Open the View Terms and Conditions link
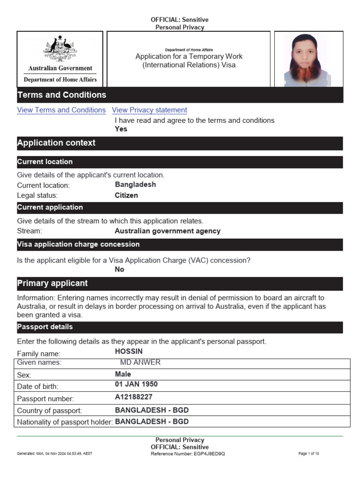[61, 110]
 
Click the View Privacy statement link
[150, 110]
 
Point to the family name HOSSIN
[128, 351]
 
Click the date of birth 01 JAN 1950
[136, 384]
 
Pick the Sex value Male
[123, 375]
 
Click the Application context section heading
[56, 143]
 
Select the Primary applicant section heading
[52, 284]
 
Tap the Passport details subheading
[45, 327]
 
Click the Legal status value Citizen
[126, 195]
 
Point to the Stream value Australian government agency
[167, 231]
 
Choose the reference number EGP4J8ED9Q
[209, 454]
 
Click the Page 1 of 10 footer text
[308, 454]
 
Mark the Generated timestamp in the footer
[54, 454]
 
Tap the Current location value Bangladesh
[135, 185]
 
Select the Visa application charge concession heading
[78, 244]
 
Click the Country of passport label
[49, 411]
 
